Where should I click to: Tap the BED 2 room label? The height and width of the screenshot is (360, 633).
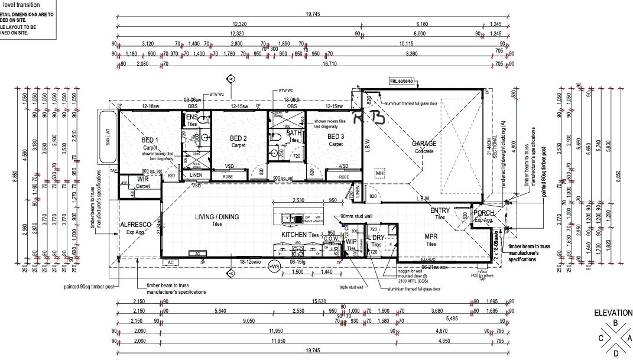pyautogui.click(x=238, y=138)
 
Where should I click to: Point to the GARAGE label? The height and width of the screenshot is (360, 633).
pyautogui.click(x=424, y=144)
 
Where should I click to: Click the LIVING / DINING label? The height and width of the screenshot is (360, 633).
pyautogui.click(x=217, y=217)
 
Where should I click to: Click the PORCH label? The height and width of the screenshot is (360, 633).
pyautogui.click(x=483, y=213)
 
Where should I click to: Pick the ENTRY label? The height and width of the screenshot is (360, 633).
pyautogui.click(x=440, y=210)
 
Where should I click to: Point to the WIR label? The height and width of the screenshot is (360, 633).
pyautogui.click(x=142, y=179)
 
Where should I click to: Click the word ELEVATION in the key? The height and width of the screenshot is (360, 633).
pyautogui.click(x=613, y=313)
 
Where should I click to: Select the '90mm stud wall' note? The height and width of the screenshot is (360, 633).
pyautogui.click(x=356, y=217)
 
